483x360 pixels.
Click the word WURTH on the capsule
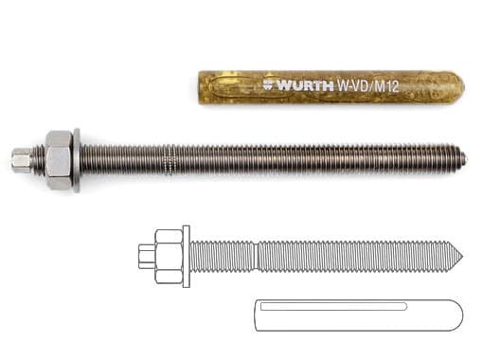tap(305, 85)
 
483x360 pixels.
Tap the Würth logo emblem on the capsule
tap(269, 85)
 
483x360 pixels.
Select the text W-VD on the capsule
tap(353, 86)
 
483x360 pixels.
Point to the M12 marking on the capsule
tap(387, 86)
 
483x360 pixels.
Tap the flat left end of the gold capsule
tap(200, 87)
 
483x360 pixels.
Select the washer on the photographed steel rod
tap(77, 160)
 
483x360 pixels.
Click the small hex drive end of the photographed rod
tap(22, 160)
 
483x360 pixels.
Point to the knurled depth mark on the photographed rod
tap(170, 160)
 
